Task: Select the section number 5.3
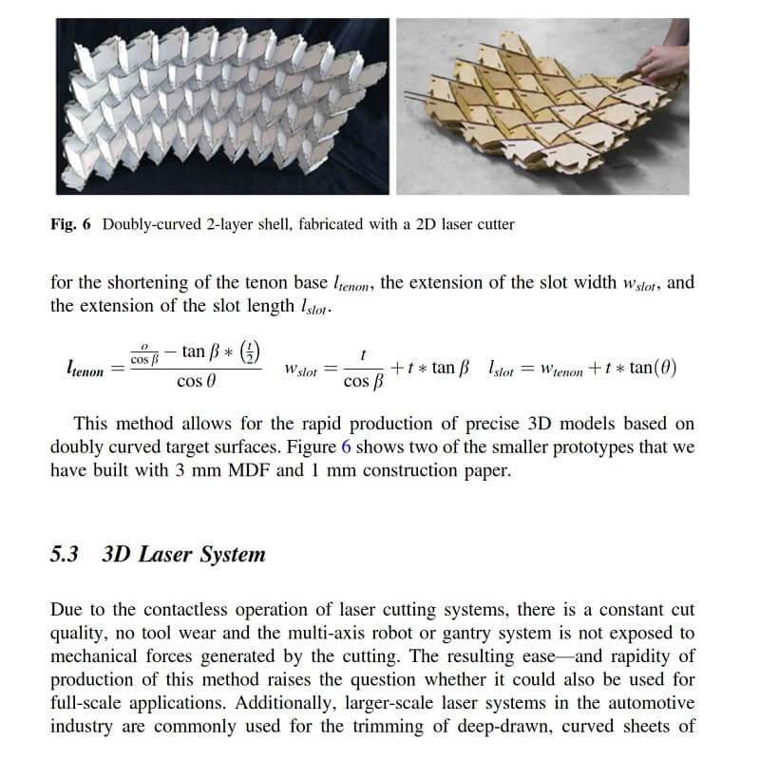tap(65, 554)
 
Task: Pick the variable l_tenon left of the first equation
tap(85, 369)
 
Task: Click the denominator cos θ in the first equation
tap(197, 382)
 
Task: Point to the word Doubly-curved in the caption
tap(148, 225)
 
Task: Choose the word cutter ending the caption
tap(493, 225)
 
